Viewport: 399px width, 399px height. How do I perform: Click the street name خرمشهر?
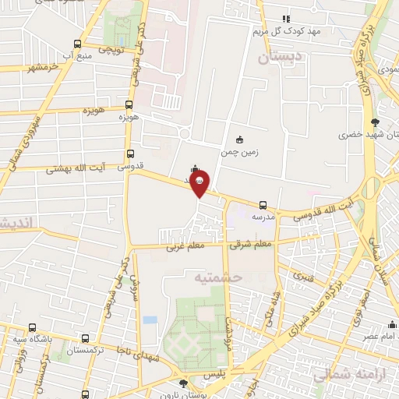click(42, 68)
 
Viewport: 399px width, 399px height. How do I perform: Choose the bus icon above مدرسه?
click(263, 205)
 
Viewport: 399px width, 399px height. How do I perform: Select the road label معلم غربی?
click(183, 249)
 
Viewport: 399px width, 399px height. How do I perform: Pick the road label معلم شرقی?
click(250, 245)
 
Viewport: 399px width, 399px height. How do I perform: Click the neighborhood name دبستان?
click(278, 57)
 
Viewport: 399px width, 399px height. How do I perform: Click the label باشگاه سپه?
click(31, 340)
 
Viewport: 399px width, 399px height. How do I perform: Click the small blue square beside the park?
click(150, 320)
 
